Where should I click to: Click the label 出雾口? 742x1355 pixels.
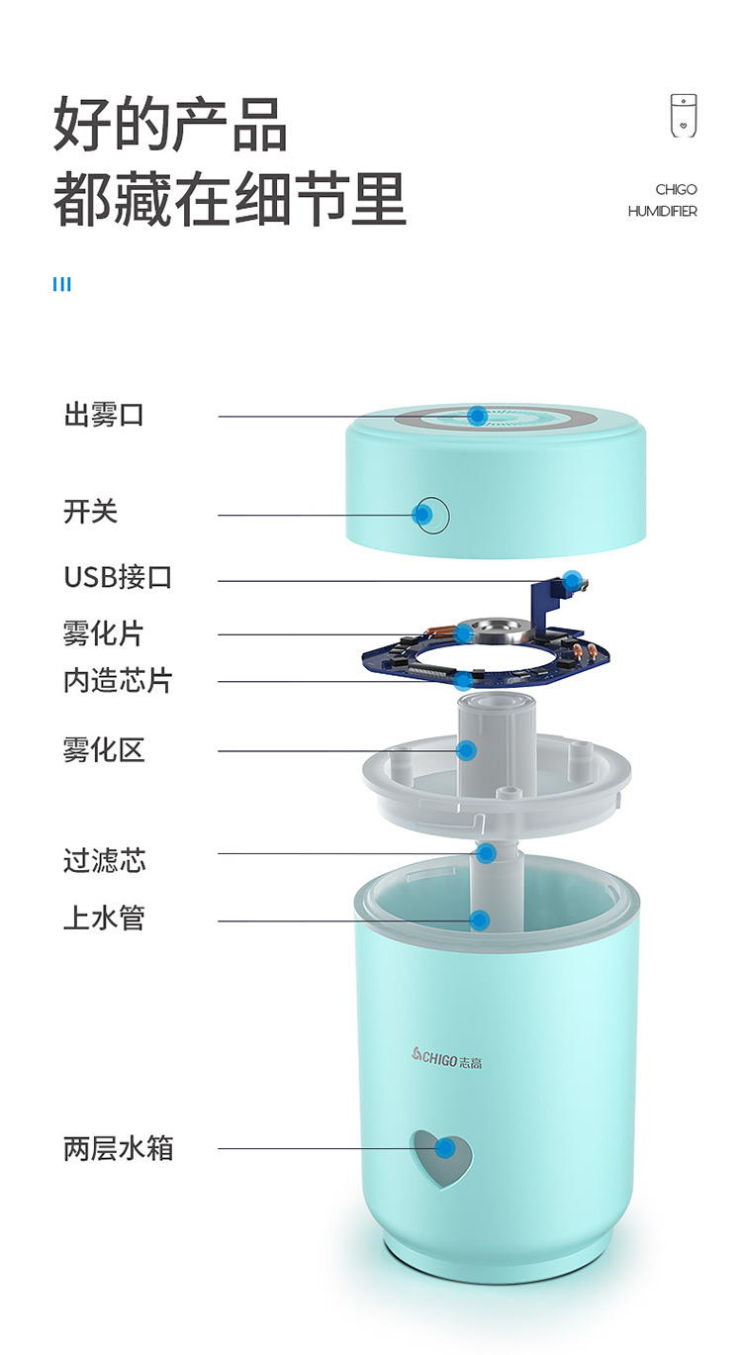tap(104, 416)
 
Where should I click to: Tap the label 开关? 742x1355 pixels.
tap(90, 512)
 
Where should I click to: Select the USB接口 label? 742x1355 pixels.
tap(118, 577)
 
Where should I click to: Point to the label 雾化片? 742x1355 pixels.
tap(104, 633)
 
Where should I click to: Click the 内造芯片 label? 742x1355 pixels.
tap(118, 681)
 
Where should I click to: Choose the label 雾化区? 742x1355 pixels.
tap(104, 750)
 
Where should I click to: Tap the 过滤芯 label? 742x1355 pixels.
tap(104, 860)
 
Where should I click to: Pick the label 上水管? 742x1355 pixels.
tap(104, 918)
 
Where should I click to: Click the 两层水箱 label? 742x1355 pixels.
tap(118, 1148)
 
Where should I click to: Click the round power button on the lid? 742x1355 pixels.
tap(433, 516)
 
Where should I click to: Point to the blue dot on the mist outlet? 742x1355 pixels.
tap(478, 416)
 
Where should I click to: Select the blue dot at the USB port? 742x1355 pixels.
tap(572, 580)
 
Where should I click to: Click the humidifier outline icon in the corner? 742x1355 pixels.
tap(684, 116)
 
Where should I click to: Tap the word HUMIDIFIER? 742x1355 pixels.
tap(662, 211)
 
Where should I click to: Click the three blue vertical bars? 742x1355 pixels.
tap(61, 284)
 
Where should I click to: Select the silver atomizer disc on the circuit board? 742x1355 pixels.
tap(494, 630)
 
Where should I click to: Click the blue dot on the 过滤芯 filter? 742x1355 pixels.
tap(486, 853)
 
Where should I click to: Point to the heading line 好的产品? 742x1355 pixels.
tap(170, 125)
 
